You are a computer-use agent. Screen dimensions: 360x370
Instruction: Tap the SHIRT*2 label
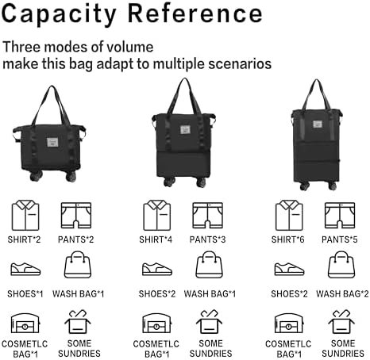coord(26,238)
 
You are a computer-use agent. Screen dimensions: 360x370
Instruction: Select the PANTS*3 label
coord(210,238)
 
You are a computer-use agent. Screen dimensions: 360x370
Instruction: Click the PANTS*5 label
coord(341,238)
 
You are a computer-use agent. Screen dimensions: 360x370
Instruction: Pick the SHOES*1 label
coord(26,293)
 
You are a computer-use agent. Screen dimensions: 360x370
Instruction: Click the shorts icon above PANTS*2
coord(77,214)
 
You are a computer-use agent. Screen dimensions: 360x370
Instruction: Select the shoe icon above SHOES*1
coord(25,269)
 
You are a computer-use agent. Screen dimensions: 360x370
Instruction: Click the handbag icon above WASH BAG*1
coord(77,266)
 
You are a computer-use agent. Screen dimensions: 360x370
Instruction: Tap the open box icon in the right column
coord(342,322)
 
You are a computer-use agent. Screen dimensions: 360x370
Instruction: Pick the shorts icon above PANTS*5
coord(341,214)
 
